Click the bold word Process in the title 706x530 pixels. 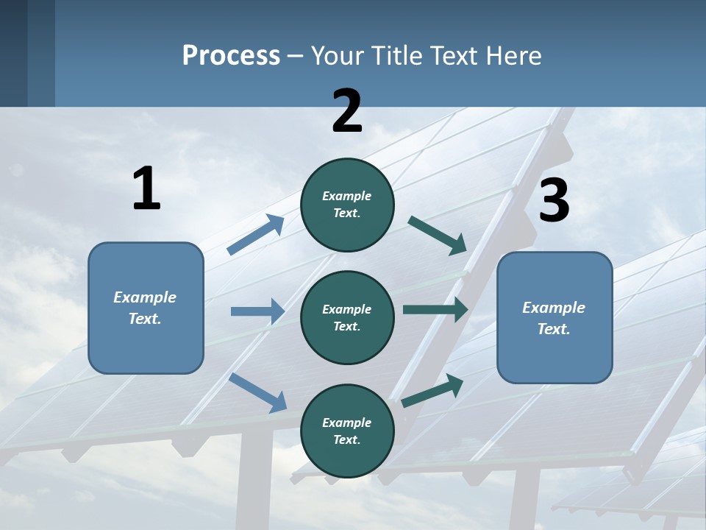click(x=231, y=55)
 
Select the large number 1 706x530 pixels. click(x=146, y=189)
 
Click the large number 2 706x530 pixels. click(x=347, y=111)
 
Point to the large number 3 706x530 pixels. click(x=554, y=201)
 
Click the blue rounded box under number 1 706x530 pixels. click(x=146, y=308)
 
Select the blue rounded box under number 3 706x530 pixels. click(x=555, y=317)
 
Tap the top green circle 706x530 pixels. click(x=347, y=205)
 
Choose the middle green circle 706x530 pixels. click(x=347, y=317)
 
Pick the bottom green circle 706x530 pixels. click(x=347, y=431)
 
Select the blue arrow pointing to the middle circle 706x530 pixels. click(x=257, y=311)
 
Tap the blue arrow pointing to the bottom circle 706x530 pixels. click(x=258, y=392)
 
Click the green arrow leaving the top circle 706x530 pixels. click(x=438, y=235)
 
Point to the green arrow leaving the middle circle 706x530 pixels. click(x=435, y=310)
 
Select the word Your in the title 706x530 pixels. click(x=338, y=55)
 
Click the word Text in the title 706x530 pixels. click(x=454, y=55)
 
